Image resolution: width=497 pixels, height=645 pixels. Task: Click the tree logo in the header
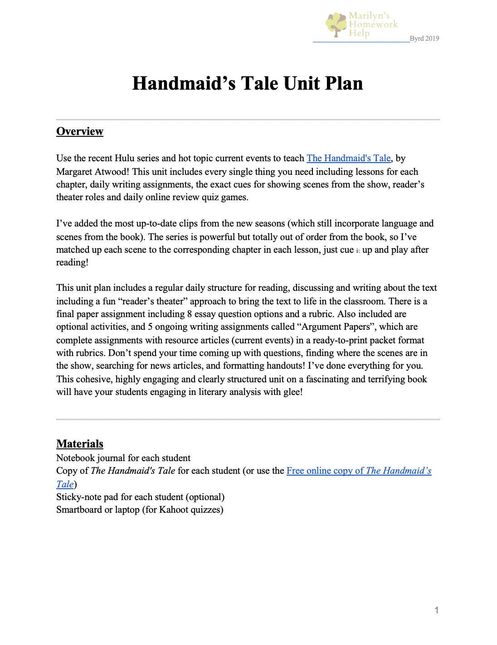pos(336,24)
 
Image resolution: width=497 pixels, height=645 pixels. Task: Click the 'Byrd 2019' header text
pos(424,39)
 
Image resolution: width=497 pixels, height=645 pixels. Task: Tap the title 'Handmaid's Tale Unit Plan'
pos(247,83)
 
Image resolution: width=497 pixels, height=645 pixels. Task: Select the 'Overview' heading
pos(80,131)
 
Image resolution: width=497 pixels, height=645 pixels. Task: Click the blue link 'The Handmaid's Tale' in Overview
pos(348,158)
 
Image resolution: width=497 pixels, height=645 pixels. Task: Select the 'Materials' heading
pos(80,444)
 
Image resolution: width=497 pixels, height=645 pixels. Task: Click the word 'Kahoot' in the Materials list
pos(172,510)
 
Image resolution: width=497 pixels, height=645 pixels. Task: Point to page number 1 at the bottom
pos(436,610)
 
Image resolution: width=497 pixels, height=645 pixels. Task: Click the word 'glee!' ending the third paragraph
pos(292,392)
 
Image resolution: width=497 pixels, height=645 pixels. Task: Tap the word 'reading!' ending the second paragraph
pos(72,262)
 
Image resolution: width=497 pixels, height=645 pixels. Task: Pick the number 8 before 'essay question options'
pos(189,314)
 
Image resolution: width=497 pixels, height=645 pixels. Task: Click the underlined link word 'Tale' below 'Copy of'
pos(65,484)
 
